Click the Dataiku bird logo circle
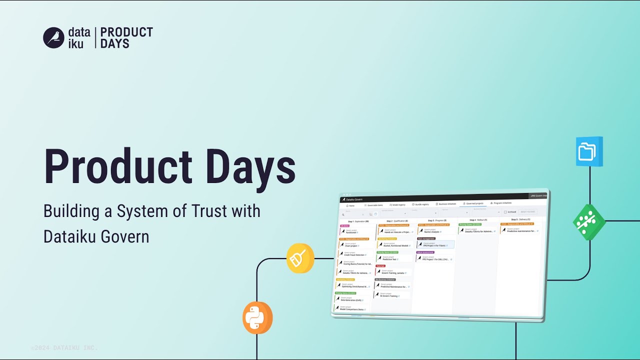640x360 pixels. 53,37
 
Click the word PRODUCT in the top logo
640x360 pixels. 126,32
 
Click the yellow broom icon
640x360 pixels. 300,258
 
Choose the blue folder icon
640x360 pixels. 589,151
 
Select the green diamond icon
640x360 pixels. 589,221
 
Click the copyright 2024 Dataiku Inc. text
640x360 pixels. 64,347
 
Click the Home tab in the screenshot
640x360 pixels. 350,205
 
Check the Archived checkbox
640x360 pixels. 505,212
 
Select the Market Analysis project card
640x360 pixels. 433,231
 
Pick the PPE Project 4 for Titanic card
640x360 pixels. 435,245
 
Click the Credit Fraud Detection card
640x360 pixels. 355,254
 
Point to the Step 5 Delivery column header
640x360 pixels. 520,219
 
